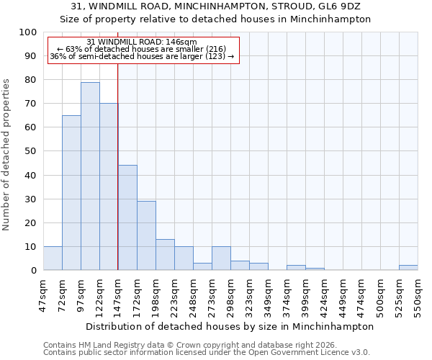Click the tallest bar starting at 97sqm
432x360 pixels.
tap(90, 176)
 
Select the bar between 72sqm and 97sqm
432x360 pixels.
tap(71, 193)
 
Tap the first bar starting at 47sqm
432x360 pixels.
tap(53, 258)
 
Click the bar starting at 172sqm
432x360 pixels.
tap(146, 235)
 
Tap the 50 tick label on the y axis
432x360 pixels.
tap(30, 151)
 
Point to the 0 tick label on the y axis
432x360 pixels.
tap(33, 271)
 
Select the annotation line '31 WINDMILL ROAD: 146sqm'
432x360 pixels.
tap(140, 42)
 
